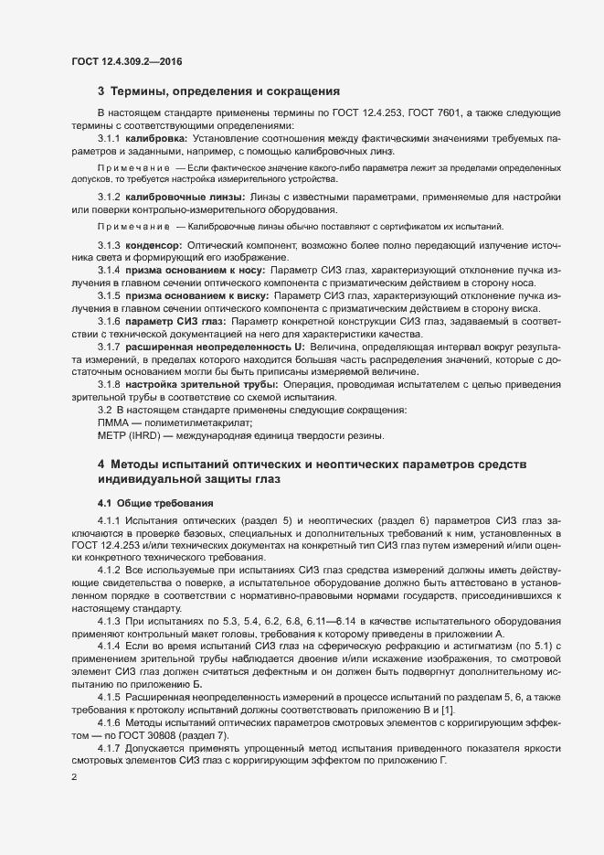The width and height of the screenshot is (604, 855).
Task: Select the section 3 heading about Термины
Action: [218, 91]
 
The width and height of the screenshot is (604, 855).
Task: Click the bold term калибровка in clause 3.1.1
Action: [155, 137]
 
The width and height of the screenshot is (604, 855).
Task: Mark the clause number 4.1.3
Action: [109, 621]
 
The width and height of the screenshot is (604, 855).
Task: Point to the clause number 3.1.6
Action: [109, 323]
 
